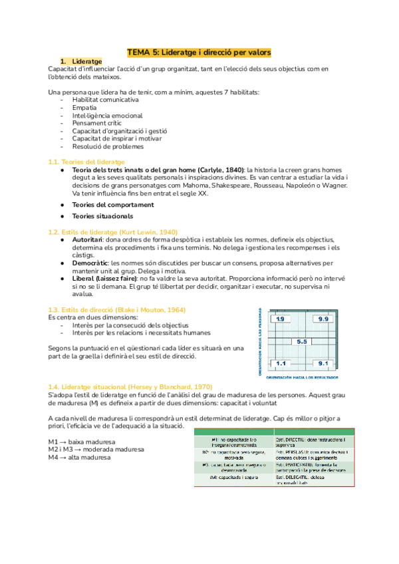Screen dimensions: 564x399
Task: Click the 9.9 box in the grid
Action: tap(324, 319)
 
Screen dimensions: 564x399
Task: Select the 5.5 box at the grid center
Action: tap(301, 341)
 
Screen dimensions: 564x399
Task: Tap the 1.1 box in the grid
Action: tap(281, 364)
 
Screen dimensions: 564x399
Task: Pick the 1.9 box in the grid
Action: tap(281, 319)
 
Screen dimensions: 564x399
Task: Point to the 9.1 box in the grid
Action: tap(324, 364)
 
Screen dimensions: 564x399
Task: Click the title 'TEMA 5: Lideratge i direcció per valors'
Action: tap(199, 52)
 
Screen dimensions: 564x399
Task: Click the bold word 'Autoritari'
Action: tap(84, 239)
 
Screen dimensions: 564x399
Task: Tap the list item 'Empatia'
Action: tap(85, 107)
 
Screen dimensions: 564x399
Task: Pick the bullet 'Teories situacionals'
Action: tap(102, 216)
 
